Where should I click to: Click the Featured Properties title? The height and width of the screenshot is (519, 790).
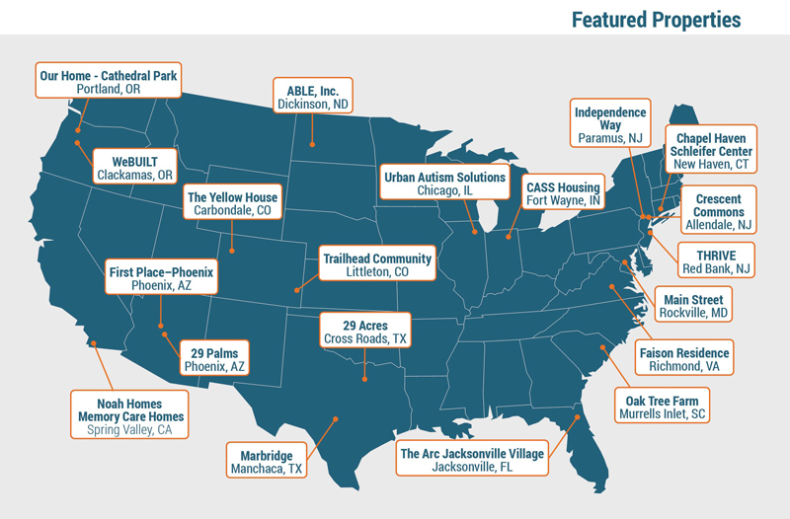click(x=655, y=19)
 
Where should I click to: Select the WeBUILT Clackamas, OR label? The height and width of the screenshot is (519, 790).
click(x=135, y=167)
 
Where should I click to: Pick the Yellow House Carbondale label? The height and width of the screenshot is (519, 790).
click(x=233, y=202)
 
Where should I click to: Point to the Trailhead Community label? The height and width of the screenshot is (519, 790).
click(x=377, y=264)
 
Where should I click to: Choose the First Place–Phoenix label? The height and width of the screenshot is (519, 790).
click(x=160, y=277)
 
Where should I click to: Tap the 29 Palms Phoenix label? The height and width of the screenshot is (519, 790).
click(x=214, y=358)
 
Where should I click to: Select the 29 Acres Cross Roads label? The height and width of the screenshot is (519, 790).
click(x=364, y=331)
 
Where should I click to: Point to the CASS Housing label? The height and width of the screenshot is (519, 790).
click(x=562, y=194)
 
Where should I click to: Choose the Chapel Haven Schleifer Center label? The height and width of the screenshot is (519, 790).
click(x=710, y=146)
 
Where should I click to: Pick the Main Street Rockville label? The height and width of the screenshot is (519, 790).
click(x=693, y=306)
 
